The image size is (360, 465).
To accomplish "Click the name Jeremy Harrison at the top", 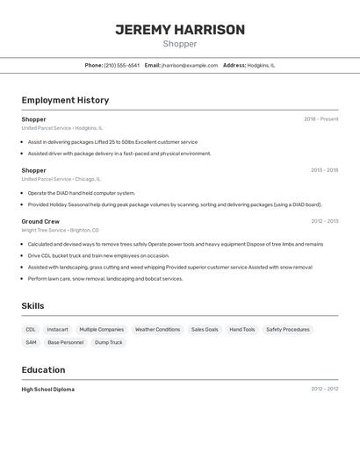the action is (x=180, y=30).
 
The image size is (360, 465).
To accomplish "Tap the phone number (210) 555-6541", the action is (x=121, y=65).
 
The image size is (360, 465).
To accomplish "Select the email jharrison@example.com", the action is (x=190, y=65).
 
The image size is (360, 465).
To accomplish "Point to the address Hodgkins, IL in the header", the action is (x=261, y=65).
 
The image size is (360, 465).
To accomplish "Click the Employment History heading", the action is (x=65, y=100).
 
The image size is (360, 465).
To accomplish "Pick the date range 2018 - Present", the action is (x=320, y=119).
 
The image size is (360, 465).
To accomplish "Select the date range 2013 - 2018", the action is (x=324, y=170).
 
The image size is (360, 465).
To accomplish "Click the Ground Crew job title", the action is (x=40, y=221).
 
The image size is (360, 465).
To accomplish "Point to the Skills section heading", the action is (x=33, y=305).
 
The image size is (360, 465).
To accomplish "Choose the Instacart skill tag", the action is (x=57, y=329).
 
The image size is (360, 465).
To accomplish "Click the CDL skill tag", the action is (x=31, y=329).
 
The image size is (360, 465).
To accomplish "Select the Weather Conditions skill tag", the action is (x=157, y=329).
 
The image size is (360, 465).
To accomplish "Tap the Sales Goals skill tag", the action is (x=205, y=329).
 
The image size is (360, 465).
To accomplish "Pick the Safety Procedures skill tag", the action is (x=288, y=329).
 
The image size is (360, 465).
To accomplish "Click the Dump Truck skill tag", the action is (x=109, y=342).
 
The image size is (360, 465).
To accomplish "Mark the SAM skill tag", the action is (x=31, y=342).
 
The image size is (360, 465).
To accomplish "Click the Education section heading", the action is (x=43, y=369).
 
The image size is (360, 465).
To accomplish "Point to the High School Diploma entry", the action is (x=48, y=389).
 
